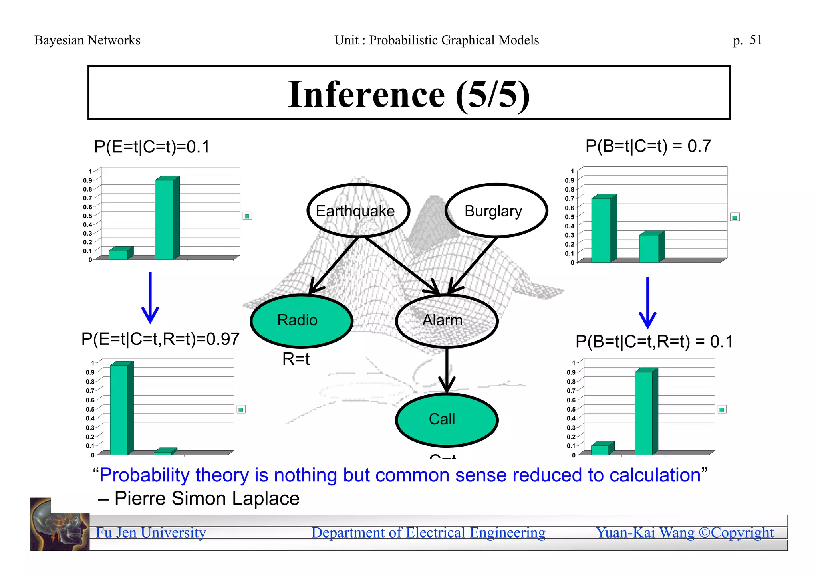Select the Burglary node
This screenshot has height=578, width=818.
(x=496, y=211)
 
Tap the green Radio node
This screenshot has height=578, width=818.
(x=301, y=321)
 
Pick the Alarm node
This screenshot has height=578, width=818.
(x=446, y=321)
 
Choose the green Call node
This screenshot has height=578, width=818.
(x=446, y=420)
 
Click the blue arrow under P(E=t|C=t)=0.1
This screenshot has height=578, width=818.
(x=150, y=297)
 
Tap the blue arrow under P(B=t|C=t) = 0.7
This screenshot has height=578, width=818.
(x=647, y=302)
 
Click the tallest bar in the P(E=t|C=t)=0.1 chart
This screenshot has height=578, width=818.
(x=165, y=220)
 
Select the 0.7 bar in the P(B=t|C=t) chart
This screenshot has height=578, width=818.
(x=601, y=230)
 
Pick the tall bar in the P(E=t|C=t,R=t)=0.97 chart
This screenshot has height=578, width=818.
(x=119, y=410)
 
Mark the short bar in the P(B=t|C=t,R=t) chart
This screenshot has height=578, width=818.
(x=600, y=450)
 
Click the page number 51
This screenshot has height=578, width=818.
(x=756, y=40)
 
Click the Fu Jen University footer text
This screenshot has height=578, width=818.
(x=151, y=533)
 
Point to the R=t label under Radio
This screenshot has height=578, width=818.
(x=296, y=359)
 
